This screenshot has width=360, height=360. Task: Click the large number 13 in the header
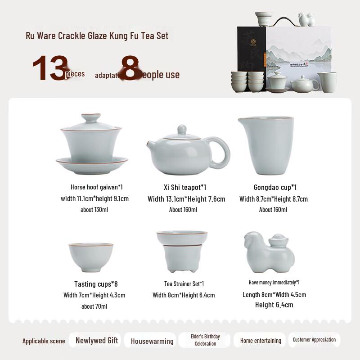[x=49, y=69]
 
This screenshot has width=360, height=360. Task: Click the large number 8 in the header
[x=130, y=69]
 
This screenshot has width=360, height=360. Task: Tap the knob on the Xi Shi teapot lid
[x=181, y=129]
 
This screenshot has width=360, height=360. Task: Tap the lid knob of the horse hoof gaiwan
[x=94, y=119]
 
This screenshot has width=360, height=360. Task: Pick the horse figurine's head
[x=250, y=241]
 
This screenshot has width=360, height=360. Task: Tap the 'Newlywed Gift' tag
[x=97, y=340]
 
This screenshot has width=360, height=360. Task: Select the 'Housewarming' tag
[x=152, y=341]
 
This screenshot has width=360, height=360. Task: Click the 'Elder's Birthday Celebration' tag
[x=205, y=340]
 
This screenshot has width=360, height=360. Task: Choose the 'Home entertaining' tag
[x=261, y=341]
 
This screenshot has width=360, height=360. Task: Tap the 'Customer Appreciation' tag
[x=314, y=340]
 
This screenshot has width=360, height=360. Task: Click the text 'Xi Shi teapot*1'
[x=185, y=187]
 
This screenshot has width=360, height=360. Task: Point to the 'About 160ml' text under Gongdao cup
[x=273, y=209]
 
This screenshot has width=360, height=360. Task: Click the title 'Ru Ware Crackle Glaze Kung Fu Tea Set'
[x=97, y=36]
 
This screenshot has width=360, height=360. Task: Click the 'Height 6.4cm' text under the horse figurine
[x=274, y=305]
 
